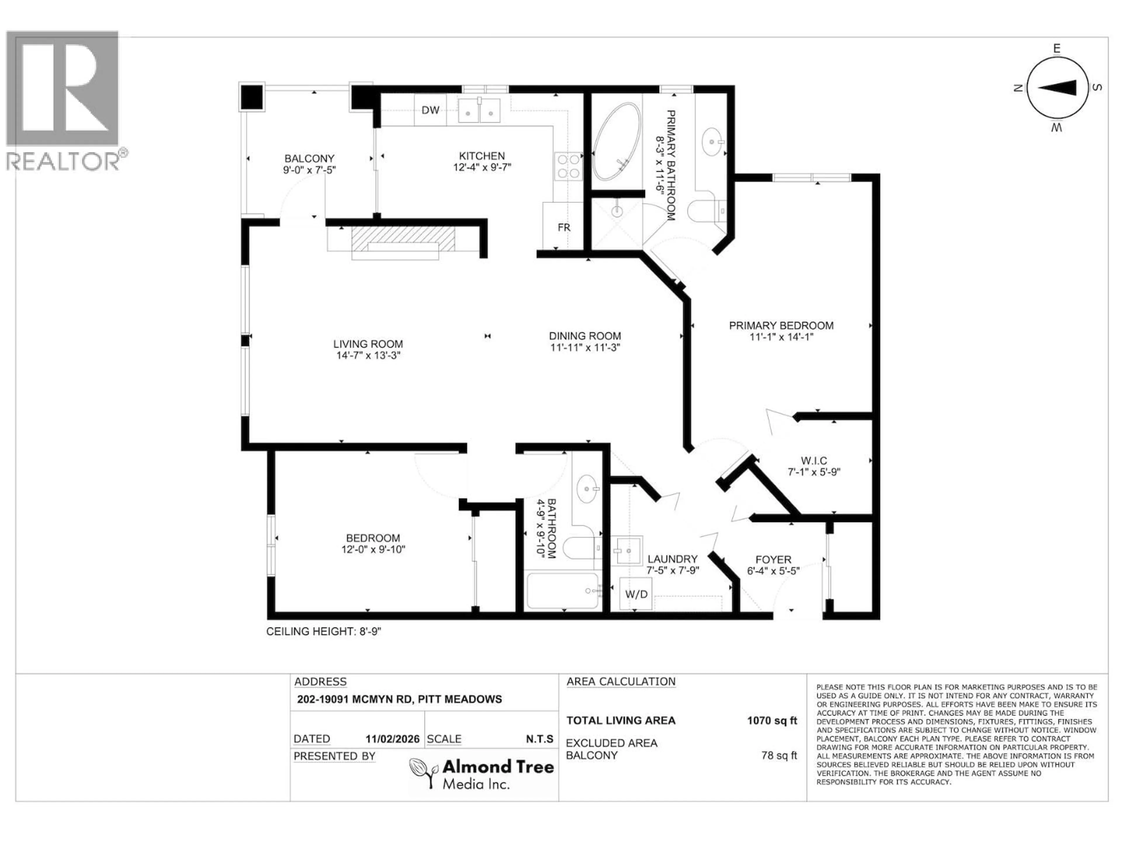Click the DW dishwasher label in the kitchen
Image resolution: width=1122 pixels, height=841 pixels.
pos(430,110)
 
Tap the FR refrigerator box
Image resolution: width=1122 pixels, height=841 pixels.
pos(564,227)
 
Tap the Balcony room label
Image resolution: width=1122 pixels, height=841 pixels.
pos(309,158)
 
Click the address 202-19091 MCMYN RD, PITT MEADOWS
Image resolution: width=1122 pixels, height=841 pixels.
pos(399,699)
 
